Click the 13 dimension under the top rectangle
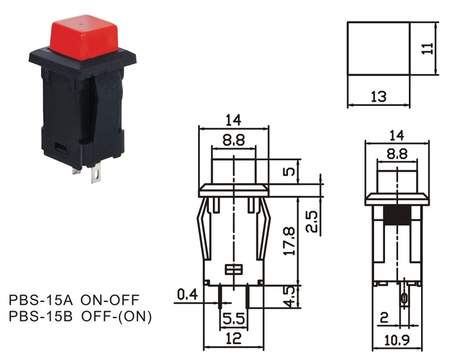[x=379, y=97]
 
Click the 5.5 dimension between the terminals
[x=233, y=318]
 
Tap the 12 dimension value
[x=233, y=339]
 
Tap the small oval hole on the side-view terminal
[x=404, y=298]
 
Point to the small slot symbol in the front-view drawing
[x=233, y=269]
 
